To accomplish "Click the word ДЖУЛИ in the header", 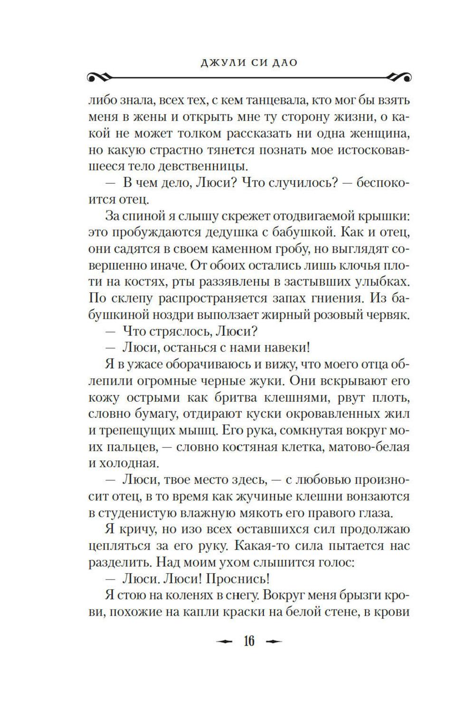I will coord(208,62).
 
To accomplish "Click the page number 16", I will coord(249,641).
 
